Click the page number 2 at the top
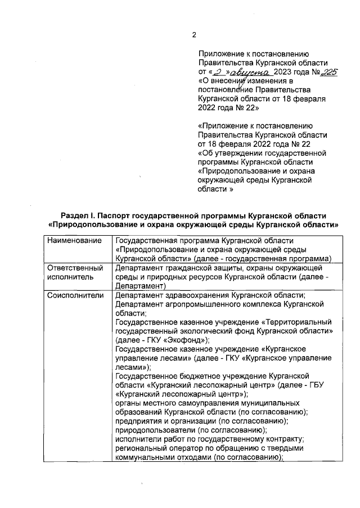click(x=194, y=35)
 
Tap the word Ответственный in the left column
click(x=75, y=268)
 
